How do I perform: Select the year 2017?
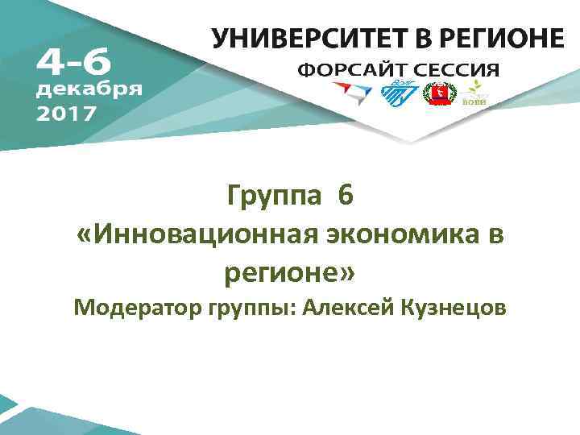tap(66, 112)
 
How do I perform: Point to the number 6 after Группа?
tap(346, 196)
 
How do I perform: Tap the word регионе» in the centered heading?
tap(289, 272)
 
